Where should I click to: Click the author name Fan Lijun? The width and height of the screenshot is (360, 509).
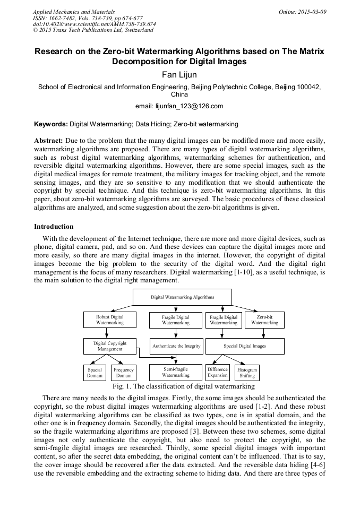pos(179,75)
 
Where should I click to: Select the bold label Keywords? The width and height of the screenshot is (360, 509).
pos(51,124)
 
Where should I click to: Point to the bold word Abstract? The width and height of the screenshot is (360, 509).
pos(49,140)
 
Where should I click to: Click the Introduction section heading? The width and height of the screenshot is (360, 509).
pos(54,227)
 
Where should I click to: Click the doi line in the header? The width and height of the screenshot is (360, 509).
pos(95,24)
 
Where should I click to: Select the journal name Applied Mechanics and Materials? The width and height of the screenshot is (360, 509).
pos(73,11)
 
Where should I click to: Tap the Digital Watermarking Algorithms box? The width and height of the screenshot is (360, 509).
pos(182,297)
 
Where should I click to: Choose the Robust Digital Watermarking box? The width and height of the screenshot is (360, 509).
pos(109,320)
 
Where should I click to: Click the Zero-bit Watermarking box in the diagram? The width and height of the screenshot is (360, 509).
pos(264,320)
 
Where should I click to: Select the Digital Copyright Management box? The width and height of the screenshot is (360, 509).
pos(110,346)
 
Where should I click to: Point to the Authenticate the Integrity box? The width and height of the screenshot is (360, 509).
pos(176,346)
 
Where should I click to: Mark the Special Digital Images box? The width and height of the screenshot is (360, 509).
pos(245,346)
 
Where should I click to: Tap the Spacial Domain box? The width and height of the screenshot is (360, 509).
pos(95,373)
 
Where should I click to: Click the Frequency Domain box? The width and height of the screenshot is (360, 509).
pos(124,373)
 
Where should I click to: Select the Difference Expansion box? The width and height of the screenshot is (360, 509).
pos(218,373)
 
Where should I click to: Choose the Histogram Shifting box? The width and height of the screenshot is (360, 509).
pos(247,373)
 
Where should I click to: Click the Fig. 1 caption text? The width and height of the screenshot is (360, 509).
pos(180,386)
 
